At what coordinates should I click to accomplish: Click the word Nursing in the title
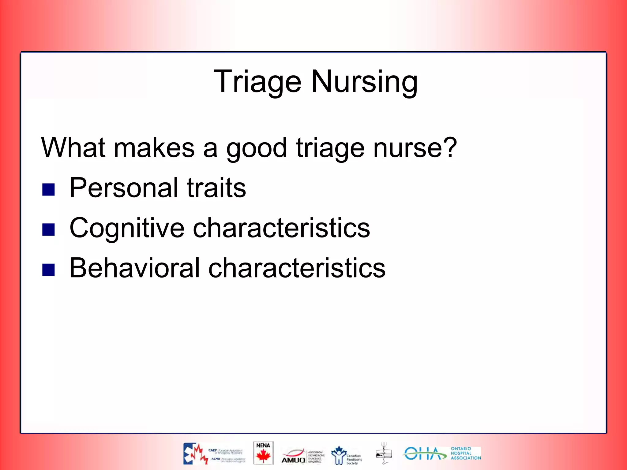point(364,82)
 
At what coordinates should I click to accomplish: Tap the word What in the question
point(73,148)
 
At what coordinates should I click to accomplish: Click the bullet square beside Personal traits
point(48,190)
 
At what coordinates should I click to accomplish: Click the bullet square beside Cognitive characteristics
point(48,229)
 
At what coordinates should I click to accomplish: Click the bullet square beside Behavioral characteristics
point(48,270)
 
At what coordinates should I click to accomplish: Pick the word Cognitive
point(127,228)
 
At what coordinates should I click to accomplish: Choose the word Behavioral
point(135,268)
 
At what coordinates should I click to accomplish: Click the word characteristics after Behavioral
point(297,268)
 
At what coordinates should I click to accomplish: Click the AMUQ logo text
point(293,460)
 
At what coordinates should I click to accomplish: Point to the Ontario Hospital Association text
point(465,453)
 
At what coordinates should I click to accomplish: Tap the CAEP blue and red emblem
point(195,454)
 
